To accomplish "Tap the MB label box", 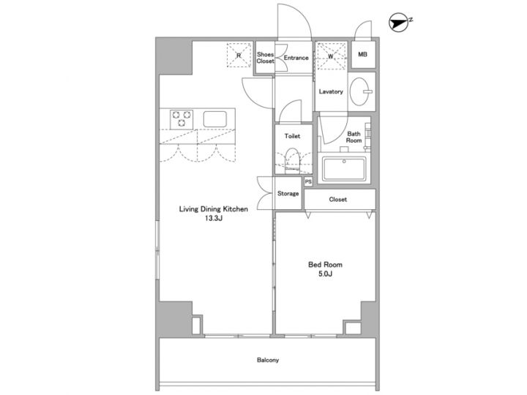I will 363,55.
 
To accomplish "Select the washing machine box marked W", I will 331,55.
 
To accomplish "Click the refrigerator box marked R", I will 238,55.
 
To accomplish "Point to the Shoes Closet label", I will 265,58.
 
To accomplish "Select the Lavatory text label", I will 332,91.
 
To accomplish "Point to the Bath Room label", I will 354,137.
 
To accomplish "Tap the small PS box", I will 309,181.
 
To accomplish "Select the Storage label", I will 288,194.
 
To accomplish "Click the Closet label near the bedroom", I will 338,199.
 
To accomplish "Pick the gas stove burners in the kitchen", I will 181,118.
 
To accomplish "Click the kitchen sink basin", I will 217,118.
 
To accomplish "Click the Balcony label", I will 267,360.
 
